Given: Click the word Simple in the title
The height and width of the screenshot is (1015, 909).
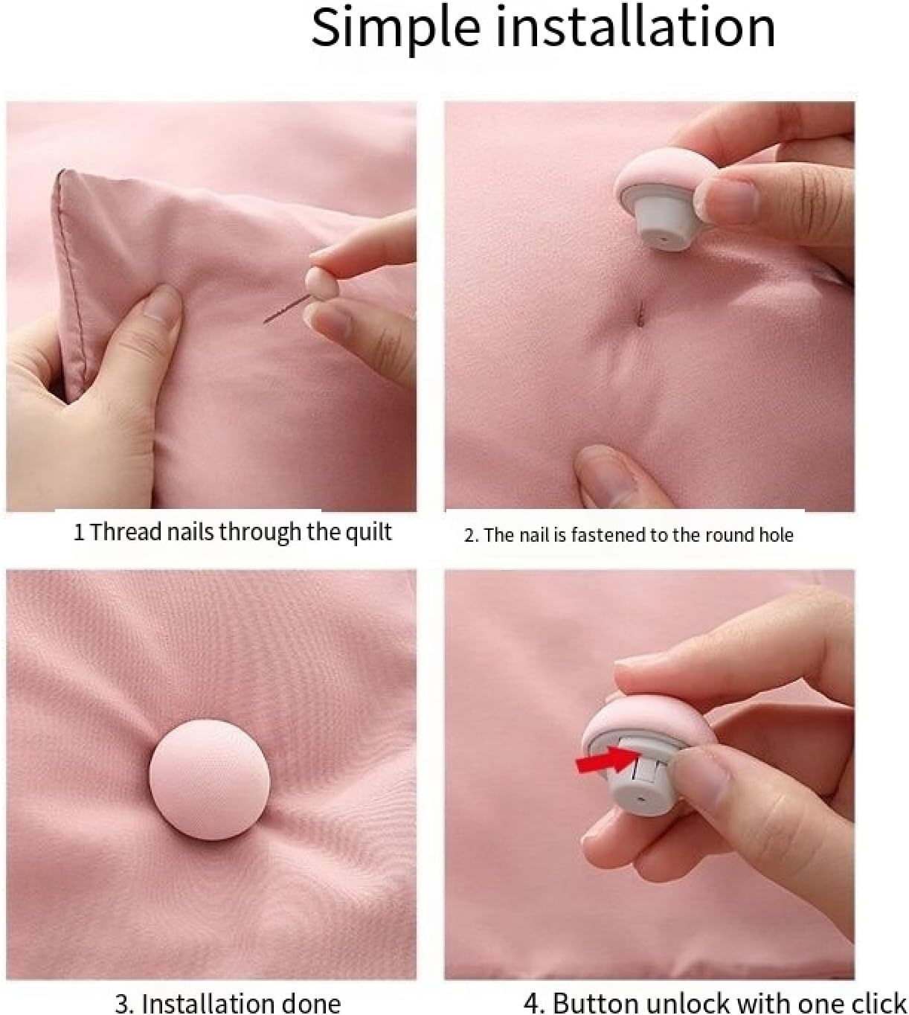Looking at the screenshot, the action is (x=395, y=29).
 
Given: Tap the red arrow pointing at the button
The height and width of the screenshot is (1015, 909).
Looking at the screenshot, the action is (x=608, y=759).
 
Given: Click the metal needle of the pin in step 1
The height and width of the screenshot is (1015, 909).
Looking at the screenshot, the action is (x=286, y=309).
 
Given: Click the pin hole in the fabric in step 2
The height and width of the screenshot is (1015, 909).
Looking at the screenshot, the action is (x=640, y=314).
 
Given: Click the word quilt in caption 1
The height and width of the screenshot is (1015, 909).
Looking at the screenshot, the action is (x=369, y=532).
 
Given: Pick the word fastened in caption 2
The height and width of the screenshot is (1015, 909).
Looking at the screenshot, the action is (x=608, y=535).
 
